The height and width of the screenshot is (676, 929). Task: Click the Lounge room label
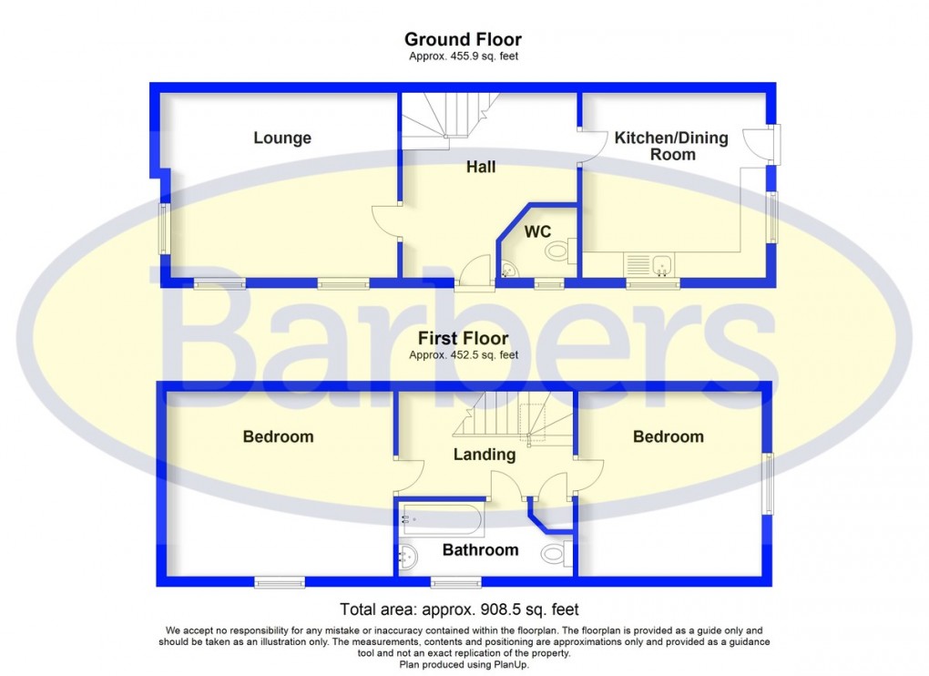pos(281,138)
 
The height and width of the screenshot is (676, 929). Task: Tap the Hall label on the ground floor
pos(481,167)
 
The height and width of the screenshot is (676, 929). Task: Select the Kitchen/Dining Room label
pos(671,146)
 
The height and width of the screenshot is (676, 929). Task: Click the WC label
pos(536,231)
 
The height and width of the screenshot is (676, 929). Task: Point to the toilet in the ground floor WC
pos(556,250)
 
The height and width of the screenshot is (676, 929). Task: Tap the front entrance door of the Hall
pos(474,275)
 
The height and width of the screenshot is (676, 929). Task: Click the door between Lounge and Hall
pos(385,222)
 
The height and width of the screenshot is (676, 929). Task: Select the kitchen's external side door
pos(757,144)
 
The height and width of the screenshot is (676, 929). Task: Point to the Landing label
pos(485,454)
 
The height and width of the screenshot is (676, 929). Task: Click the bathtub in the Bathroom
pos(442,521)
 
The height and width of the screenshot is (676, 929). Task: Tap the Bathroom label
pos(480,549)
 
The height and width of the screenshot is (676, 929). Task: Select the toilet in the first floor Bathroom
pos(555,553)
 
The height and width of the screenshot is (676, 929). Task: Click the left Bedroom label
pos(278,436)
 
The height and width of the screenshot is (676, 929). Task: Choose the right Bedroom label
pos(668,436)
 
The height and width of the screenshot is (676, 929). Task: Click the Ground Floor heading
pos(463,39)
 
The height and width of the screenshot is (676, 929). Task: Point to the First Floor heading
pos(464,339)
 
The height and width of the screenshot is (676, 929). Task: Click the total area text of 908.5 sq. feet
pos(459,609)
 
